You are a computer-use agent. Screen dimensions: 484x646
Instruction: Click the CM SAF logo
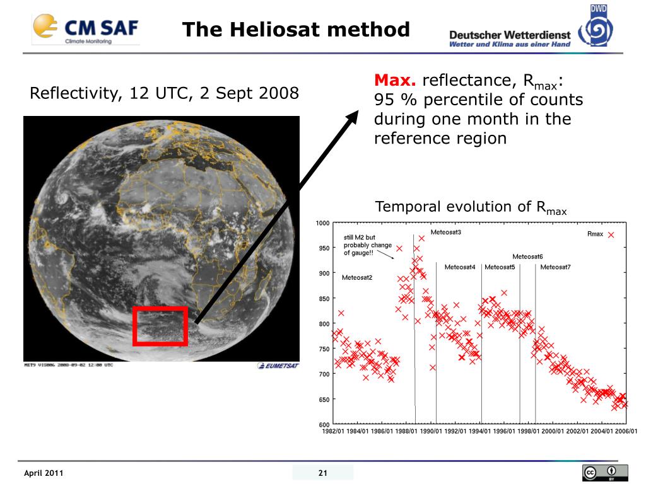[85, 29]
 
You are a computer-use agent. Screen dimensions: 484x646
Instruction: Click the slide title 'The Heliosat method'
[296, 30]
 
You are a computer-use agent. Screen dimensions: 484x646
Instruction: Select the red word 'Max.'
[395, 81]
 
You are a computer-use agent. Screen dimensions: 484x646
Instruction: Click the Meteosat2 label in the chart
[357, 278]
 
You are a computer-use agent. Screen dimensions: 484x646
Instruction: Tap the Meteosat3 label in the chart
[446, 233]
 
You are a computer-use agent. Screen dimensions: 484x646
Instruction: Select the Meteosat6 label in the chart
[527, 256]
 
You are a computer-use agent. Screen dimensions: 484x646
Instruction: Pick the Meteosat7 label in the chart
[555, 267]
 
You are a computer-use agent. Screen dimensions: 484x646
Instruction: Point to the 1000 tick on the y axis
[322, 223]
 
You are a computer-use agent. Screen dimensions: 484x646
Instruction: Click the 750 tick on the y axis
[324, 349]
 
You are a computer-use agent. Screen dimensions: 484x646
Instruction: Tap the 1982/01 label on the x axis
[334, 432]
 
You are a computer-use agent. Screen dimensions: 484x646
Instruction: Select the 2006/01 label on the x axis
[626, 432]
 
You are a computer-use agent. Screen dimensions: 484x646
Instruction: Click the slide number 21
[323, 473]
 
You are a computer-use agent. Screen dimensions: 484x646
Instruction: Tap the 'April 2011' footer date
[44, 473]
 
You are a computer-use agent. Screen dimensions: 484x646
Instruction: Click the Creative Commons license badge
[605, 473]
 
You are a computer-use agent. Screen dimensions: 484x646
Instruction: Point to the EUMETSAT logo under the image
[278, 366]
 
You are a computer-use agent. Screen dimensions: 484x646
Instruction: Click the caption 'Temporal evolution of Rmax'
[471, 207]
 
